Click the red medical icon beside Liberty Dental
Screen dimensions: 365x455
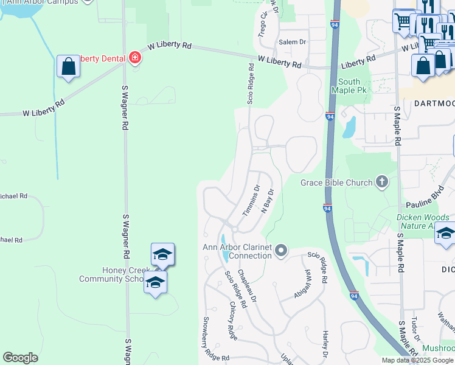[x=135, y=58]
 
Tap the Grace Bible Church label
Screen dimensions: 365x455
[x=337, y=182]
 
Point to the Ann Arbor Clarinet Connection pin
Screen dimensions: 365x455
[x=280, y=250]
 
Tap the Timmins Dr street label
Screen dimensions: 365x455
[x=251, y=201]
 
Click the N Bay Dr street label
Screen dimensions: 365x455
[x=268, y=200]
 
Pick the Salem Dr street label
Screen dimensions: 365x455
[x=292, y=42]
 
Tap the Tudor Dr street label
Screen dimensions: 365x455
[x=415, y=330]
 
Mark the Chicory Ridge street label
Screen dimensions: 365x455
[x=233, y=320]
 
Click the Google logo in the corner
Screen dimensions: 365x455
[x=20, y=358]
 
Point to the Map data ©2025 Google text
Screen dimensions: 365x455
[x=417, y=360]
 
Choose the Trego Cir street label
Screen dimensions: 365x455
[x=263, y=24]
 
